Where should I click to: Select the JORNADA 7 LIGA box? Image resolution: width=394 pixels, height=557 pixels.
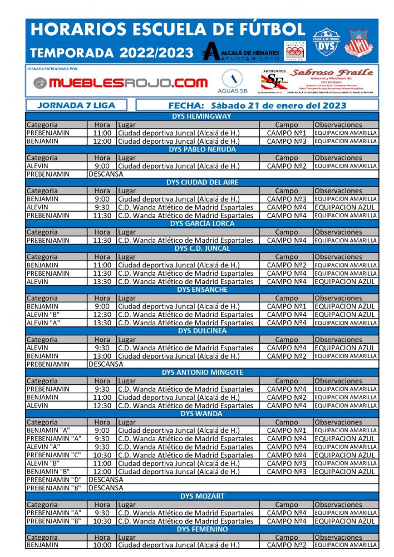tap(77, 105)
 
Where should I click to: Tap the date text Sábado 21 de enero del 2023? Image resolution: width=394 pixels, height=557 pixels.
tap(271, 105)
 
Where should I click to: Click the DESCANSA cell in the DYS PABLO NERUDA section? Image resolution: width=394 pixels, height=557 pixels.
tap(106, 174)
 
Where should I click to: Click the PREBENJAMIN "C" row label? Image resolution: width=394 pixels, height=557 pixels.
tap(54, 455)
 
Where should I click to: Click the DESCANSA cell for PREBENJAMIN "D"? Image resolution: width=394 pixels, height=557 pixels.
tap(106, 480)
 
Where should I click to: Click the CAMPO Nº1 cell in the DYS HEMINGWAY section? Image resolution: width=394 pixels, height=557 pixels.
tap(287, 133)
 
